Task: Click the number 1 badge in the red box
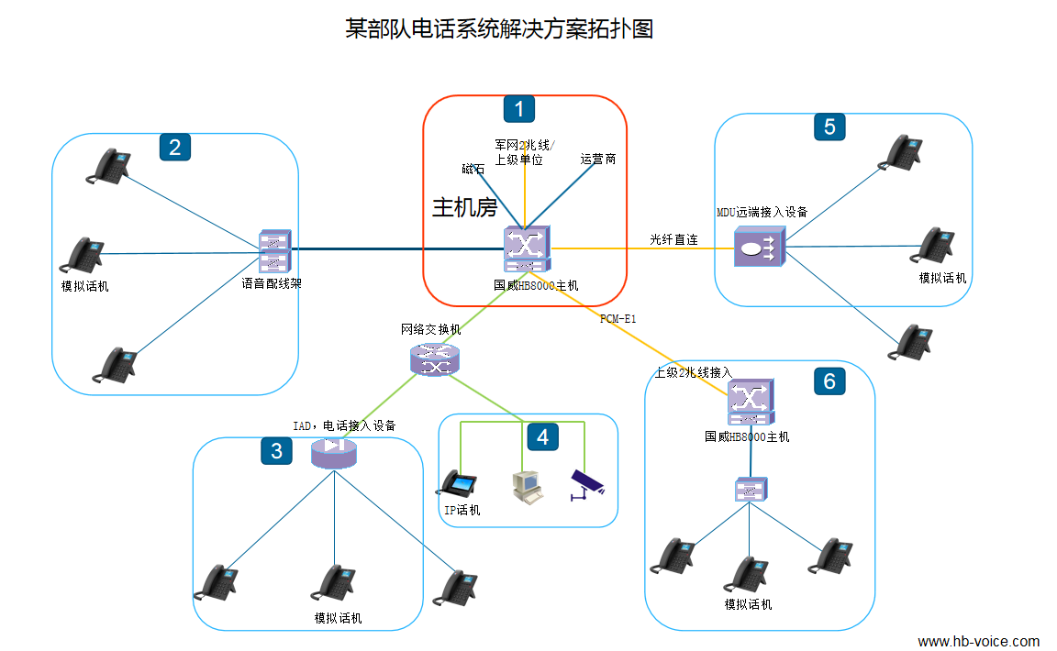519,109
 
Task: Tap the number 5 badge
829,127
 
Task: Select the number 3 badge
277,450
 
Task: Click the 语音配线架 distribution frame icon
273,251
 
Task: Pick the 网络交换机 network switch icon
434,359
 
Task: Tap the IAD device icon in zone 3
332,452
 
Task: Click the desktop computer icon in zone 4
527,487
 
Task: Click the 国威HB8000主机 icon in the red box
527,249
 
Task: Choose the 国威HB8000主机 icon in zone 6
751,402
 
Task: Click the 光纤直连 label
673,240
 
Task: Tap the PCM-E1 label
618,319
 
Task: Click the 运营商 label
598,159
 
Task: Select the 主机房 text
464,208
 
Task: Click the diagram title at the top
499,29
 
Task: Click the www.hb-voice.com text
978,641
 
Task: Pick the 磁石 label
473,169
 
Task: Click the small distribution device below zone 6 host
751,490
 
